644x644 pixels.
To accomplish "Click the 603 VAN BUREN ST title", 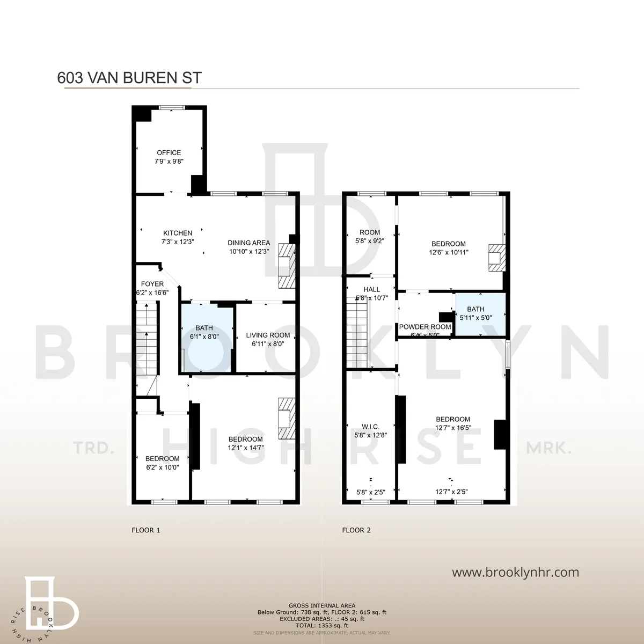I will pos(129,78).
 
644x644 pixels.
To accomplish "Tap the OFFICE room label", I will pos(169,153).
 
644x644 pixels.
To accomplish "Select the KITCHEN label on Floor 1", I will pos(178,233).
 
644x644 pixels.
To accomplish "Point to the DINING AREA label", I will pos(248,243).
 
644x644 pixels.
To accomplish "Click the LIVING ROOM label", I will pos(268,335).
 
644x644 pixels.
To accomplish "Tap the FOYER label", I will pos(152,284).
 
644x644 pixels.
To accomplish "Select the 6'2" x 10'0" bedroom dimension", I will pos(162,467).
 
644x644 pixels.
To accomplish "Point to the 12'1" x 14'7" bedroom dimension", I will pos(246,448).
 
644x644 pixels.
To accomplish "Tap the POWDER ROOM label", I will pos(425,327).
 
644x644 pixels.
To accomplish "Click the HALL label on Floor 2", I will pos(371,289).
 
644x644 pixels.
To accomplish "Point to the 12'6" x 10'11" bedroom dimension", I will pos(449,252).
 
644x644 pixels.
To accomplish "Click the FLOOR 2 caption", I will pos(356,530).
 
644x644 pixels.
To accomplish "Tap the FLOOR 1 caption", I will pos(146,530).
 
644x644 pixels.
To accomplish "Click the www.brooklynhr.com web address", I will pos(515,572).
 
